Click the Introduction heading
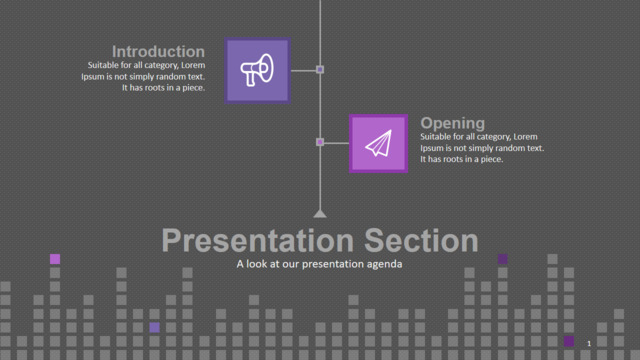tap(158, 52)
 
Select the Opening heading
tap(453, 123)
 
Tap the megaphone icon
tap(257, 70)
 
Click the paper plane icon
tap(379, 143)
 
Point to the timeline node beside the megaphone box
tap(320, 70)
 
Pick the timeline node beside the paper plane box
tap(320, 142)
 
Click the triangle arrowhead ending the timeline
tap(320, 213)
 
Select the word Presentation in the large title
tap(258, 240)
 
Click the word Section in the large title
tap(421, 240)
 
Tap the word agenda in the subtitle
tap(384, 264)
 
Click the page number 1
tap(589, 344)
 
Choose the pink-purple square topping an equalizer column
tap(55, 259)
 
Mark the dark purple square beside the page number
tap(569, 341)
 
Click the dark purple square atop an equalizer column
tap(503, 259)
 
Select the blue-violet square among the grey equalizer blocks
tap(154, 327)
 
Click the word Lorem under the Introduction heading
tap(193, 65)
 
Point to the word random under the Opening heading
tap(504, 148)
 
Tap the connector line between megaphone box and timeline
tap(303, 71)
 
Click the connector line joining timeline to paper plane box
tap(336, 143)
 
